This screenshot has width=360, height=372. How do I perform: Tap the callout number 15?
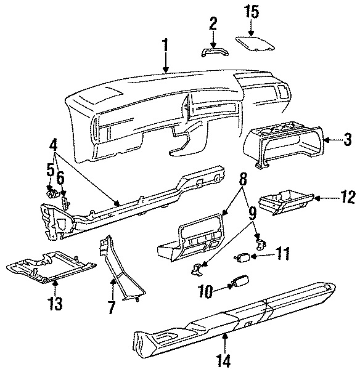pos(252,11)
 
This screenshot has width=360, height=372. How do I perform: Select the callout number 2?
pos(213,25)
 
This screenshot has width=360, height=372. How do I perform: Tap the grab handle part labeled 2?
pos(213,51)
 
